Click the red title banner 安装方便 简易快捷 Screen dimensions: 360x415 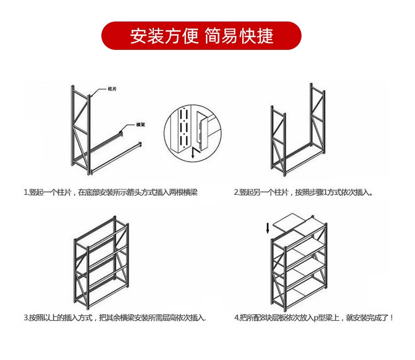coord(201,36)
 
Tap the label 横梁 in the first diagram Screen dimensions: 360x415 coord(140,125)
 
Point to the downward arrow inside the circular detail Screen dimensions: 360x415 coord(193,153)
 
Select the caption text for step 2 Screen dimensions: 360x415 coord(303,193)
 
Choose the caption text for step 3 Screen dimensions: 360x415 coord(115,318)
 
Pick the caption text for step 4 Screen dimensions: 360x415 coord(314,318)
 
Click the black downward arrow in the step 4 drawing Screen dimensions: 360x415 coord(268,228)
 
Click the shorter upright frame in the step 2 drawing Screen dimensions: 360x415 coord(278,142)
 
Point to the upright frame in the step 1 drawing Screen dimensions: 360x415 coord(80,129)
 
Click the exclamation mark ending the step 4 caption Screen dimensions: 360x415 coord(391,318)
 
